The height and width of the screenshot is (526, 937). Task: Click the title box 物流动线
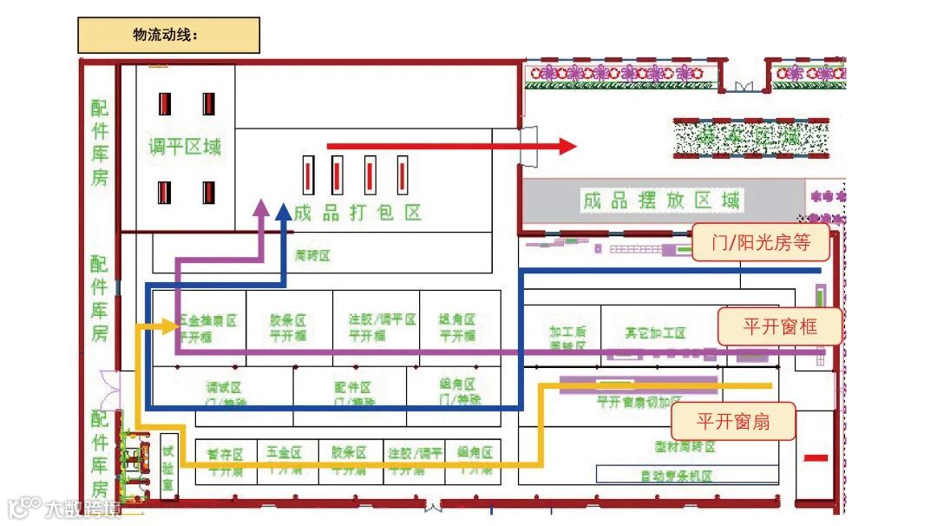(x=168, y=36)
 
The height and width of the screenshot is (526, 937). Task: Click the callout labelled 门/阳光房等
(x=761, y=243)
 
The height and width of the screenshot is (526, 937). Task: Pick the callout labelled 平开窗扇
(x=733, y=422)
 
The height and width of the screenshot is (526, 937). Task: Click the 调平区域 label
(x=185, y=146)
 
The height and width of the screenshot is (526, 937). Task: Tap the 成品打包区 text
(x=357, y=212)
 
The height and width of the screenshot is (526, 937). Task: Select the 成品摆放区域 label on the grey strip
(x=661, y=201)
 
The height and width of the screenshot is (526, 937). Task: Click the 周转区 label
(x=312, y=255)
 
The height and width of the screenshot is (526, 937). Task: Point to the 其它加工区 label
(x=655, y=332)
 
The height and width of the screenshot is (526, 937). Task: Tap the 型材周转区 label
(x=685, y=447)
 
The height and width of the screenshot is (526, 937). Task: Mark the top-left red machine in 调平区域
(x=164, y=104)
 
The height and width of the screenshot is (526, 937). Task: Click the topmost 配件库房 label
(x=101, y=142)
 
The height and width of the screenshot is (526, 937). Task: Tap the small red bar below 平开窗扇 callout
(x=816, y=457)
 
